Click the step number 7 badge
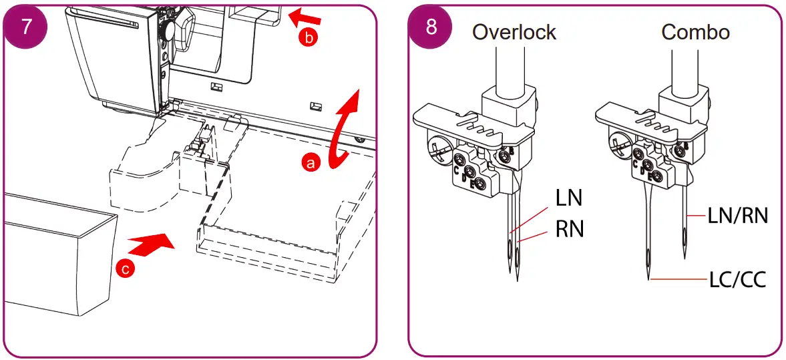coord(27,26)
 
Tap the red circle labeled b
coord(307,38)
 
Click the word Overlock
coord(514,31)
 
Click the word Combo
coord(695,31)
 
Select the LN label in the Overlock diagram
coord(569,198)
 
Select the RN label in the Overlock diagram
coord(570,229)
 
